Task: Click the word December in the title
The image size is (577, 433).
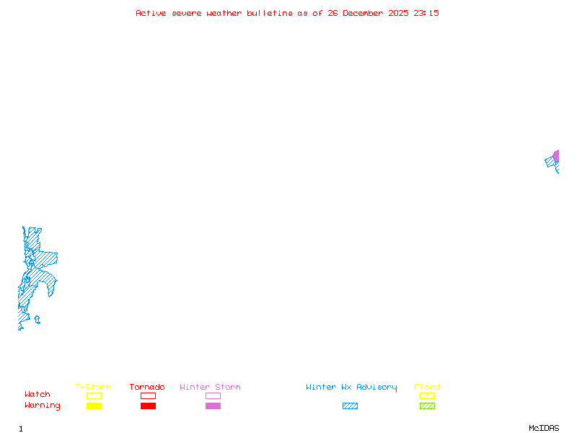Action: (x=363, y=13)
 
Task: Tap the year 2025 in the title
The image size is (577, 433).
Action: (x=398, y=13)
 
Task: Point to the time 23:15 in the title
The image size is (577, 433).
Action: (x=426, y=13)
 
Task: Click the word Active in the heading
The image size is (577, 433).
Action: (x=151, y=13)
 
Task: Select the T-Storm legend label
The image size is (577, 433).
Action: (x=93, y=387)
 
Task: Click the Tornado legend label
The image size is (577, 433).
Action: (x=147, y=387)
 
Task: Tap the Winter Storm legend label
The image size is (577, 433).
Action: (x=210, y=387)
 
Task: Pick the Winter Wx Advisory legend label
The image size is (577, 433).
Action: (x=351, y=388)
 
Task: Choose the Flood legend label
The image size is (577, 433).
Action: (x=427, y=387)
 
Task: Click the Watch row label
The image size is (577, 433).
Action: (x=38, y=394)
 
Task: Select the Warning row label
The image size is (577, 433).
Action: (x=43, y=406)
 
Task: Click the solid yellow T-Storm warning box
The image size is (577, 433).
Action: (x=94, y=406)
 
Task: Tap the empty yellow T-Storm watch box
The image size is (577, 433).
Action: (x=94, y=395)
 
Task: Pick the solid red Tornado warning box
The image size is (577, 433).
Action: (x=149, y=406)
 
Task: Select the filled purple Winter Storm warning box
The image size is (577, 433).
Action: (x=213, y=406)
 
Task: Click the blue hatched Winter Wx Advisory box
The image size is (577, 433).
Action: (x=350, y=406)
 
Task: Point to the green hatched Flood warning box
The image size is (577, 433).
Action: (x=427, y=406)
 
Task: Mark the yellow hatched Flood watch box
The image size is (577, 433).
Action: (x=427, y=395)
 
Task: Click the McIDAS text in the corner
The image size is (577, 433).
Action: (x=544, y=428)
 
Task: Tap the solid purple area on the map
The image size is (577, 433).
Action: (x=556, y=156)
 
